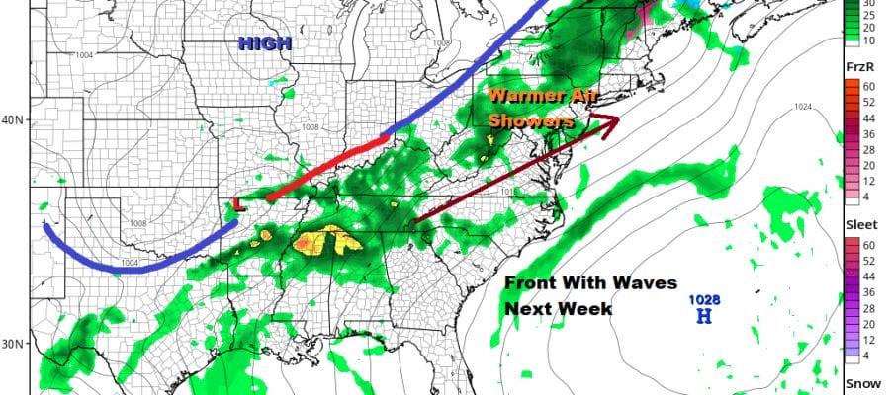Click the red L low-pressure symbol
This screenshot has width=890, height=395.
237,204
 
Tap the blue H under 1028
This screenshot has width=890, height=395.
704,316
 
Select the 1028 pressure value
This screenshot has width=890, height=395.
704,298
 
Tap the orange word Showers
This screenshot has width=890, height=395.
531,121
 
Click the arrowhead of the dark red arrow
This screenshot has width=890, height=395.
613,121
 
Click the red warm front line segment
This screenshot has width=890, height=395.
326,165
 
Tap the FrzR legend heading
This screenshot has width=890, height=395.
860,64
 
